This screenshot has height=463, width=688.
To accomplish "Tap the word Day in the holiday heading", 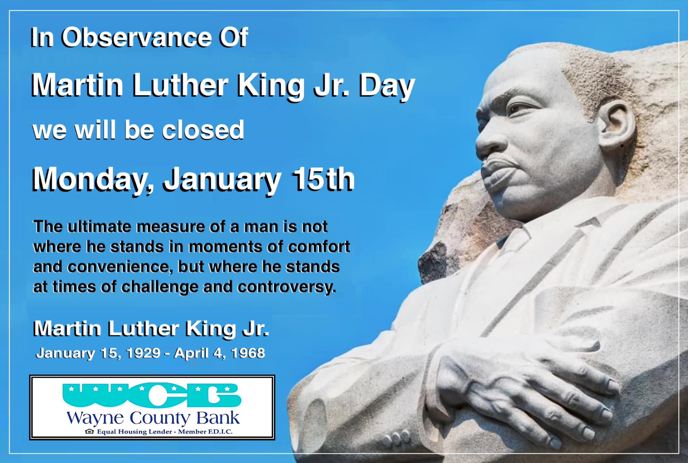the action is click(x=387, y=87).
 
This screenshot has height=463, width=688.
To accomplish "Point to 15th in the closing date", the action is click(x=323, y=179).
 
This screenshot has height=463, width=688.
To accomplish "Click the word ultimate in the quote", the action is click(x=99, y=226).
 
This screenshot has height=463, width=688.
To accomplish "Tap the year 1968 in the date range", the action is click(x=248, y=353).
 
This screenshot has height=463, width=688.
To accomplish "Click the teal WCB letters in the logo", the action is click(x=152, y=395).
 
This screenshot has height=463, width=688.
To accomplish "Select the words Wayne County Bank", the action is click(x=153, y=418).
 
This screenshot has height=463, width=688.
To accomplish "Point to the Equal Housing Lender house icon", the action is click(x=89, y=431).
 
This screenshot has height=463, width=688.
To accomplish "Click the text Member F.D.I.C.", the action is click(x=205, y=431).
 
